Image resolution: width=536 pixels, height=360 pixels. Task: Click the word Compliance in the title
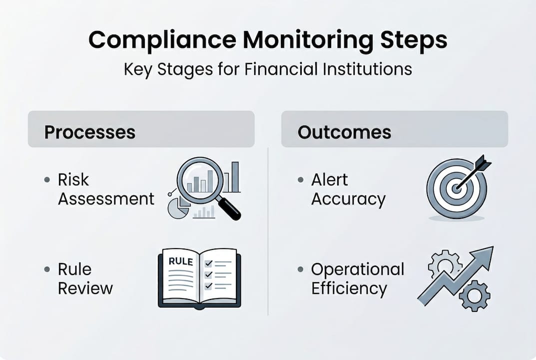[162, 40]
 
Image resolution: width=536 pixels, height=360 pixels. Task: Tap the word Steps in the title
[414, 40]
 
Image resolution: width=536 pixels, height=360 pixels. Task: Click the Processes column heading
[89, 132]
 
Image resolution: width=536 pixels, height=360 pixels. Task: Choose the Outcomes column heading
[344, 132]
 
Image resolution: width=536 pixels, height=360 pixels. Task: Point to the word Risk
[73, 179]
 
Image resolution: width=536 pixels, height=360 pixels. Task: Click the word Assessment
[106, 199]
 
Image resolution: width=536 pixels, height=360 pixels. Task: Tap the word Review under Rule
[85, 288]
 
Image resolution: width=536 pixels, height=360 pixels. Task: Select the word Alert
[329, 179]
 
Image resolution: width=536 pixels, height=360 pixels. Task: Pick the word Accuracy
[348, 199]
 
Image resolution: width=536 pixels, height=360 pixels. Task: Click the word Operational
[358, 270]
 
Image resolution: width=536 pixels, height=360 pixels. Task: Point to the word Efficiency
[349, 289]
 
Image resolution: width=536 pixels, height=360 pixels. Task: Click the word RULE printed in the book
[181, 261]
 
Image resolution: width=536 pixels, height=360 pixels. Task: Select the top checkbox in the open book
[208, 263]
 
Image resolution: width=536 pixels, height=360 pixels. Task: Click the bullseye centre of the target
[456, 188]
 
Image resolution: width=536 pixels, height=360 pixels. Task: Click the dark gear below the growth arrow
[475, 295]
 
